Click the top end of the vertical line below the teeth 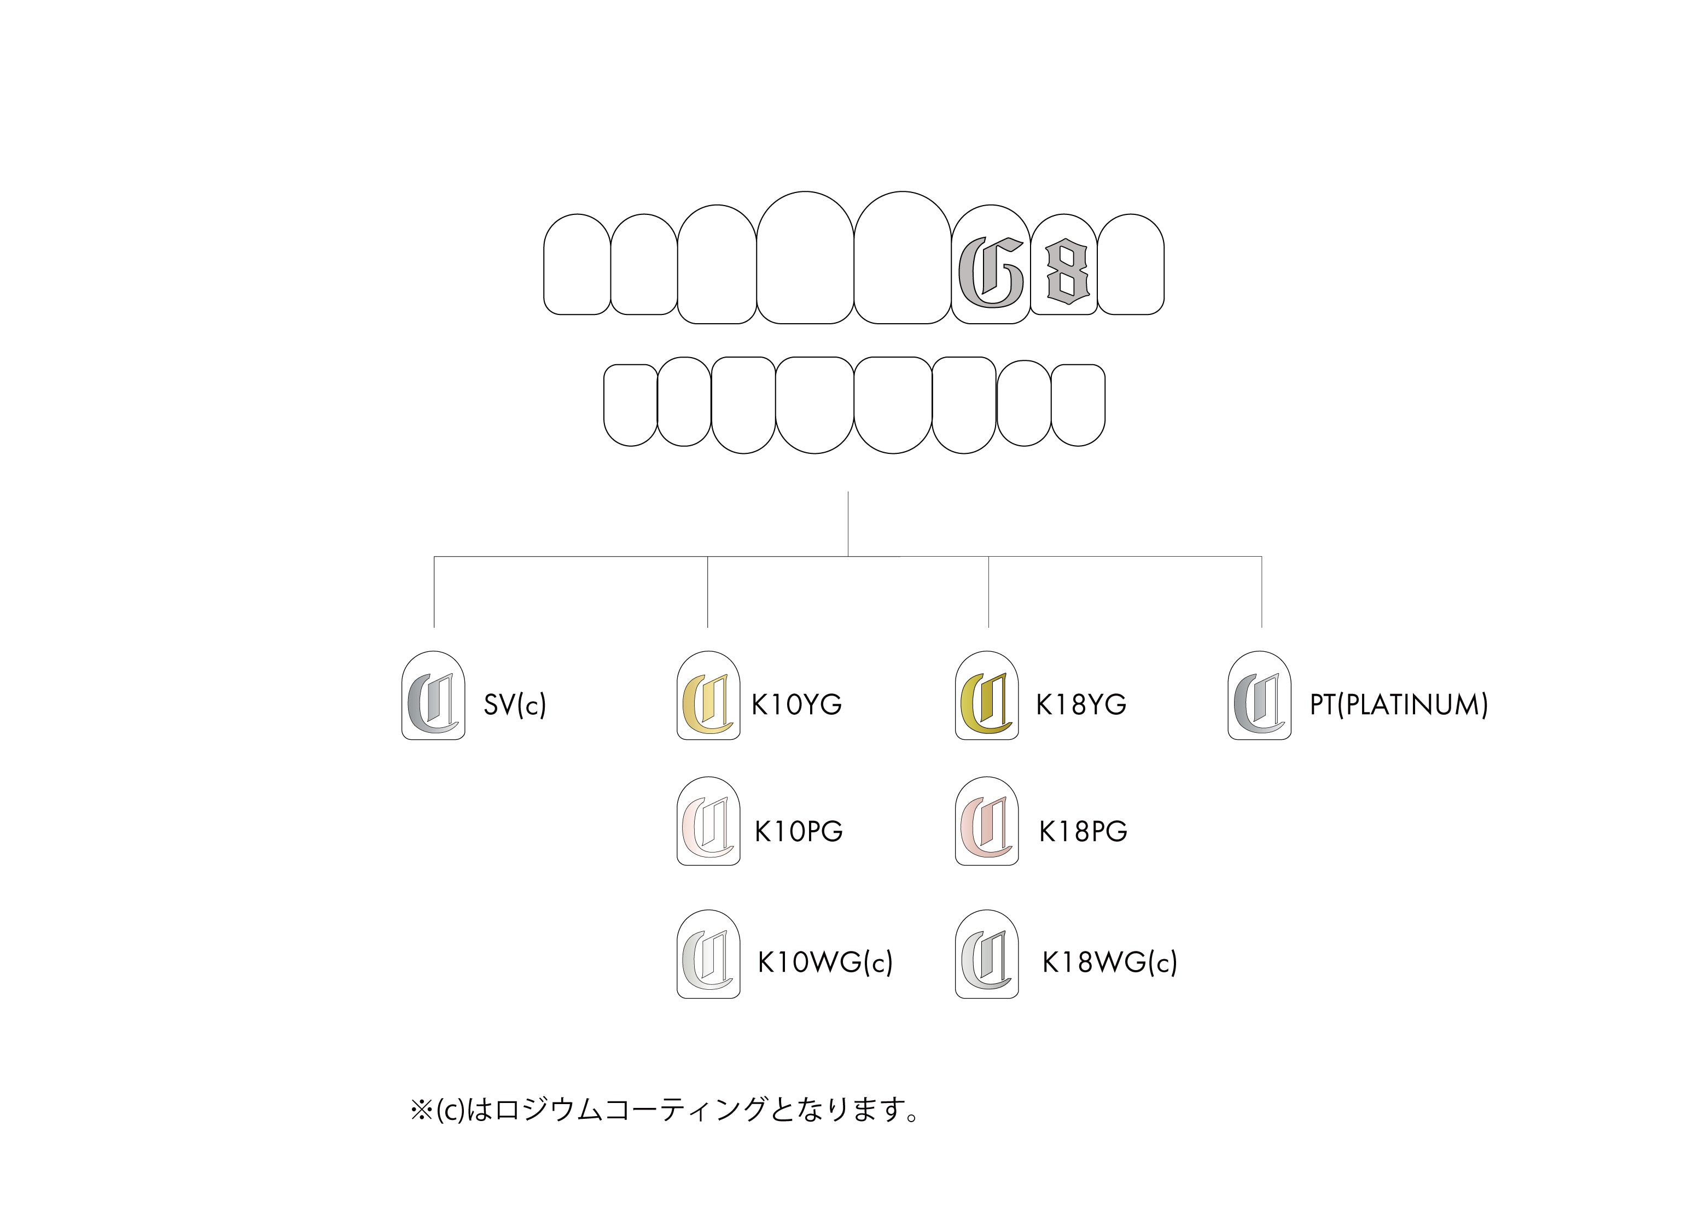point(848,492)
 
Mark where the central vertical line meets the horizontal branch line point(848,556)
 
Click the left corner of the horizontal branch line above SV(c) point(434,557)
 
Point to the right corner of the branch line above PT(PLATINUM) point(1261,557)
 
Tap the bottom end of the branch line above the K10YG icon point(707,627)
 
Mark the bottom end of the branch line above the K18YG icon point(988,627)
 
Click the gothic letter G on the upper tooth point(991,272)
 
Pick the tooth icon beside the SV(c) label point(434,695)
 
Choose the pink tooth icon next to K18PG point(987,821)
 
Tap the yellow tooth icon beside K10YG point(708,695)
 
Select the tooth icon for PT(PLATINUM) point(1259,695)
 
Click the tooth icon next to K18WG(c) point(987,954)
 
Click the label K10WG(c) point(825,963)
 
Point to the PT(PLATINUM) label point(1398,705)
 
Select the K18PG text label point(1083,831)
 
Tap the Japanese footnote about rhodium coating point(665,1110)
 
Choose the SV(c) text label point(515,705)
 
